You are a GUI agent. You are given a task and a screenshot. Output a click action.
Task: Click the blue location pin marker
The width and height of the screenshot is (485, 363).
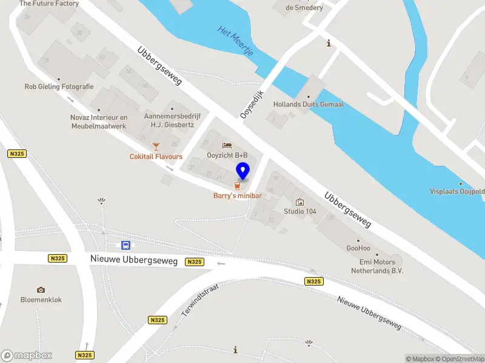(x=243, y=171)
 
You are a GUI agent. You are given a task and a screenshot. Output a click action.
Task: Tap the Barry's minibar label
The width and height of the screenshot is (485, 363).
(x=237, y=195)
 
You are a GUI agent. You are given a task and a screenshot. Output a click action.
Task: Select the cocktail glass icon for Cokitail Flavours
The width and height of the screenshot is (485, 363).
(x=156, y=146)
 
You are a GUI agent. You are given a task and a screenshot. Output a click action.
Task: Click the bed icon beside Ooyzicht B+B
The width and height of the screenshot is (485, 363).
(x=227, y=145)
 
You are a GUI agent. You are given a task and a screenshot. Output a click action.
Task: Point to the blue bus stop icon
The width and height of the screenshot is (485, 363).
(x=126, y=245)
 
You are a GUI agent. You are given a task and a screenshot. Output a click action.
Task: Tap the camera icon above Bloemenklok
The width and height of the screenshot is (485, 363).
(x=41, y=290)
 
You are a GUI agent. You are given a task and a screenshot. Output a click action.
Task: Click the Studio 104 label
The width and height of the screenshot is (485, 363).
(x=300, y=211)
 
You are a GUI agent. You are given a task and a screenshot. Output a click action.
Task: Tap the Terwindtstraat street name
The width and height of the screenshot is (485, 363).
(x=199, y=301)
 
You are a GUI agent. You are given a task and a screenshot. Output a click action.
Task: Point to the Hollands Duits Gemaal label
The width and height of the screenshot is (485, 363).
(x=308, y=104)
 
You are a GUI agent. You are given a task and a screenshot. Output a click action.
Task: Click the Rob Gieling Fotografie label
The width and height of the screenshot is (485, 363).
(x=59, y=87)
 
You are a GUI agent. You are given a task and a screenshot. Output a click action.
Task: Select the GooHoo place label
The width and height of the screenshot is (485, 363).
(x=358, y=248)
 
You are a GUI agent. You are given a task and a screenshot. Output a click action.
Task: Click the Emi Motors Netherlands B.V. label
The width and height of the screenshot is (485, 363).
(x=377, y=266)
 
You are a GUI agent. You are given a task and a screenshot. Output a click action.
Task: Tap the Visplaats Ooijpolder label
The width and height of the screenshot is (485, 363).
(x=457, y=191)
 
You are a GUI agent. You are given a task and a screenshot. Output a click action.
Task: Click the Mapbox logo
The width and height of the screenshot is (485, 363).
(x=27, y=356)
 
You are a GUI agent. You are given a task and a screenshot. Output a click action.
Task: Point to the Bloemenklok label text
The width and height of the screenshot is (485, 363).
(x=41, y=299)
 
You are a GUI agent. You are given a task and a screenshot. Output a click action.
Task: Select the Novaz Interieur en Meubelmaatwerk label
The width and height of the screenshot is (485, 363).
(x=98, y=122)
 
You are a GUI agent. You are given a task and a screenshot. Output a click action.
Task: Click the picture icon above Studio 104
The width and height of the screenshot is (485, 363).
(x=299, y=202)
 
